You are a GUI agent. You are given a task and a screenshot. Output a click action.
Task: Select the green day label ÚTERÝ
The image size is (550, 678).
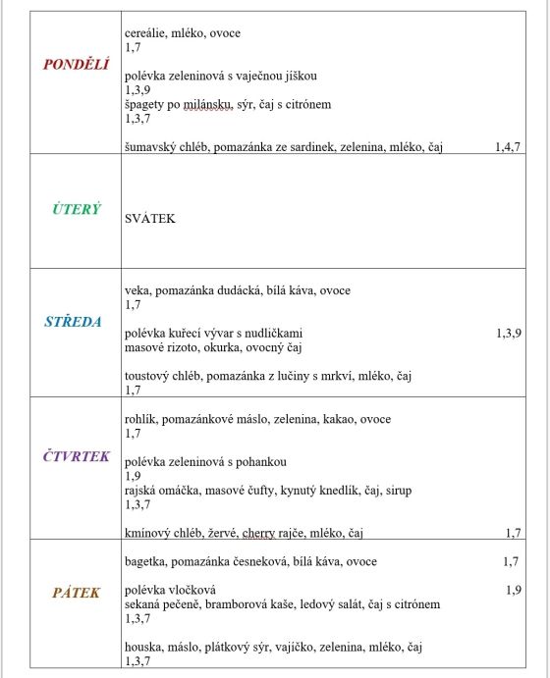point(76,210)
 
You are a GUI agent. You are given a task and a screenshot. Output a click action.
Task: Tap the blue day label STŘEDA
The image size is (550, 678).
point(74,321)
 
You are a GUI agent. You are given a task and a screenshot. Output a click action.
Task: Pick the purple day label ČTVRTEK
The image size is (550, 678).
point(77,456)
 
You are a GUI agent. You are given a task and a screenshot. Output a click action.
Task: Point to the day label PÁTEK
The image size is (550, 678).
point(76,593)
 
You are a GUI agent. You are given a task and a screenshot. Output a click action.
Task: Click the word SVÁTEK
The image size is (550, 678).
point(150,218)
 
